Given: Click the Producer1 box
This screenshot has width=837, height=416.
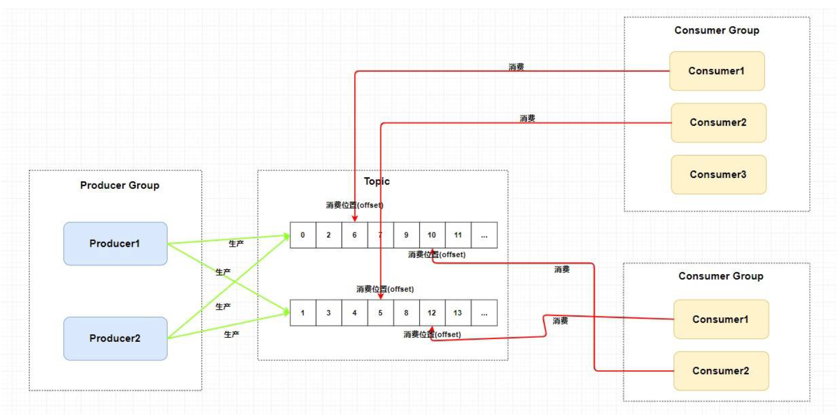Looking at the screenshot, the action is [x=115, y=243].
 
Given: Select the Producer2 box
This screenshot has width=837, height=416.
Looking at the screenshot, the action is [x=115, y=338].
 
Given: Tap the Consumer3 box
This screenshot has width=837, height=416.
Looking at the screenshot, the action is [x=718, y=175].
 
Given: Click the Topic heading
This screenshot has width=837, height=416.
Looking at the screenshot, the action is [x=377, y=181].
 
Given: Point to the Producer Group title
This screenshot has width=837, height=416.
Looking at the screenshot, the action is [x=120, y=185].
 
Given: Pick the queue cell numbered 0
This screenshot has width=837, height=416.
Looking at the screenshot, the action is [x=303, y=235].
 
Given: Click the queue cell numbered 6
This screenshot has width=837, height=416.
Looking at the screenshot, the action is [x=355, y=235].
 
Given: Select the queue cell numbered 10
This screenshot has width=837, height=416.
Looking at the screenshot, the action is [x=432, y=235].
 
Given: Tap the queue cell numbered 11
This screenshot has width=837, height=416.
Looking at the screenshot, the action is [x=458, y=235].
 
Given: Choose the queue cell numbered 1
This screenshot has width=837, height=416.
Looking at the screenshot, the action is [x=303, y=313].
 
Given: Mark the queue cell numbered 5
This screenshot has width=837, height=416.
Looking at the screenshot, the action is [x=380, y=313].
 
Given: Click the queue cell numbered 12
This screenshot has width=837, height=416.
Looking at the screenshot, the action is [x=432, y=313].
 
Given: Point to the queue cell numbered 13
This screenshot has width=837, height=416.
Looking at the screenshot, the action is [x=458, y=313].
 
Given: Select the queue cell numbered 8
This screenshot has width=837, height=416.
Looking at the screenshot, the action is [x=406, y=313].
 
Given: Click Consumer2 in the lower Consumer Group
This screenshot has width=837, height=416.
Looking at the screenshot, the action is [x=721, y=371].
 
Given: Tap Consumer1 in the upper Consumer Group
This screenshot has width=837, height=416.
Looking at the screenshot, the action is [x=717, y=71].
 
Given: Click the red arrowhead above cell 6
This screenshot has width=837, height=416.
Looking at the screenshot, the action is [x=355, y=218].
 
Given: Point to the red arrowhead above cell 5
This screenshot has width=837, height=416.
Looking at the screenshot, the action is [x=380, y=296].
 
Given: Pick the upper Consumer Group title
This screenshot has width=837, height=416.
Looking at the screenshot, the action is [x=717, y=30].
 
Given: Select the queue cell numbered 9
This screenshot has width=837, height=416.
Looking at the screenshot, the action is [x=406, y=235].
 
